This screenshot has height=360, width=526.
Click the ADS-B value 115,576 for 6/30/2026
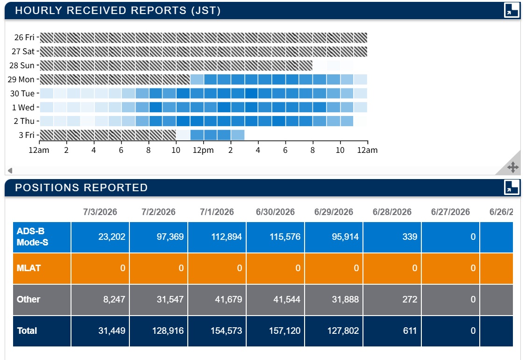coord(285,237)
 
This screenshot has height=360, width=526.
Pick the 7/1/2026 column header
coord(217,212)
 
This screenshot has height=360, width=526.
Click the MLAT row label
coord(28,268)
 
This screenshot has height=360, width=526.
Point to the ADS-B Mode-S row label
coord(33,237)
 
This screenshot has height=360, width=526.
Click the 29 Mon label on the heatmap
coord(21,79)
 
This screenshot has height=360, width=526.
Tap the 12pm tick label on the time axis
coord(203,150)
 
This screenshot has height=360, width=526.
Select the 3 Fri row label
coord(27,135)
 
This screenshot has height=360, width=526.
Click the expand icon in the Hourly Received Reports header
coord(512,10)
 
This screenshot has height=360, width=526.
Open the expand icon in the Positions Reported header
coord(512,187)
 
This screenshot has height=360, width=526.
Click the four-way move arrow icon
coord(513,167)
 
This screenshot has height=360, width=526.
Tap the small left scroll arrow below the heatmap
coord(10,171)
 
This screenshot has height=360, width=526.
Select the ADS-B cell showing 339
coord(410,237)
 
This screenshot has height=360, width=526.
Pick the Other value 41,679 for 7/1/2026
coord(228,299)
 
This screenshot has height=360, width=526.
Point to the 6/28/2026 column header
coord(392,212)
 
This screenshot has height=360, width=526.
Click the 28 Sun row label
coord(22,65)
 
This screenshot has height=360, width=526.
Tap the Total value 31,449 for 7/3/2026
coord(112,331)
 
